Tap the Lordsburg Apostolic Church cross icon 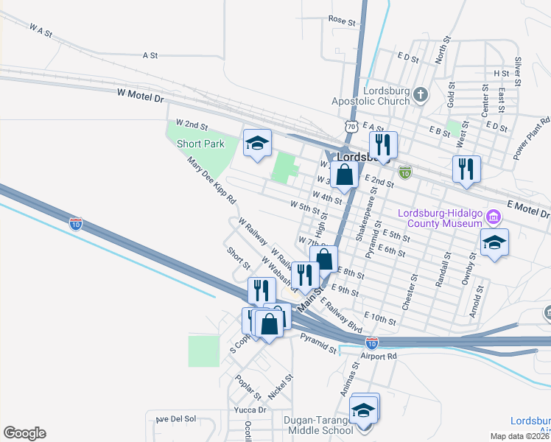(x=420, y=94)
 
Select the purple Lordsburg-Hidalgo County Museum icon (x=493, y=217)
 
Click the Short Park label (x=200, y=144)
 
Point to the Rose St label (x=342, y=20)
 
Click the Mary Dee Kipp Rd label (x=211, y=180)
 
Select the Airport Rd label (x=379, y=356)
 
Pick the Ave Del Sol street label (x=175, y=418)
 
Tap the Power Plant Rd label (x=532, y=138)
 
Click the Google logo (x=24, y=433)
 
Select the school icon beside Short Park (x=257, y=143)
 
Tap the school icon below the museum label (x=494, y=242)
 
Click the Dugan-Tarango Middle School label (x=318, y=425)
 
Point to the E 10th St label (x=380, y=318)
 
